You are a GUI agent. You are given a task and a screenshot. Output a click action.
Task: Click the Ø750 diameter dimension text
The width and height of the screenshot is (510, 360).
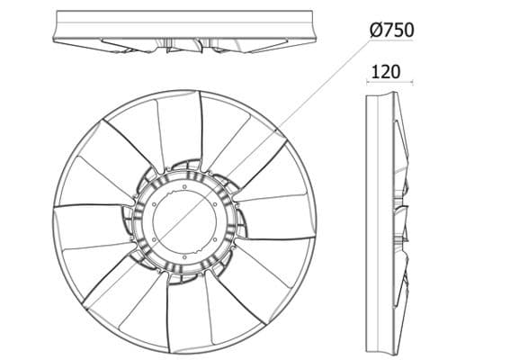391,29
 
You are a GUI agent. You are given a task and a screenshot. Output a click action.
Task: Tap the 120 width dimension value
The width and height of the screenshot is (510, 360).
384,71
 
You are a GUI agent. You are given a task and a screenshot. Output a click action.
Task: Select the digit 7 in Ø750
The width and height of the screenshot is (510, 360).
386,29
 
